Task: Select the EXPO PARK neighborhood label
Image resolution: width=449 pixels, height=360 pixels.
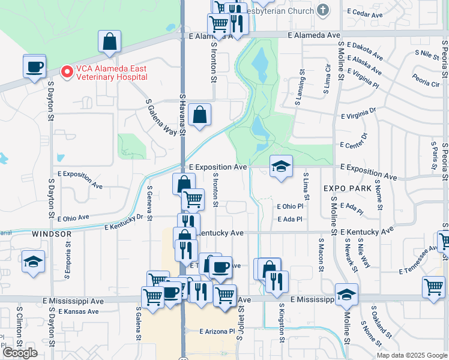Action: pos(345,188)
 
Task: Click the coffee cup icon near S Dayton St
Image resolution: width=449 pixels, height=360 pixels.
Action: pos(35,65)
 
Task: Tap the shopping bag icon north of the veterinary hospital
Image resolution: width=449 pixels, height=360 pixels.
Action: pos(110,41)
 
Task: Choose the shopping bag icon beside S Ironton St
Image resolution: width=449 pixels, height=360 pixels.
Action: pos(199,114)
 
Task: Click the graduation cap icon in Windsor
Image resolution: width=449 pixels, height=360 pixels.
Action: pos(33,262)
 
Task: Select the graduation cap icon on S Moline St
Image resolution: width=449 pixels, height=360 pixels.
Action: pos(346,294)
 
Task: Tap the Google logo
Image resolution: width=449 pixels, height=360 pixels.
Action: pos(20,352)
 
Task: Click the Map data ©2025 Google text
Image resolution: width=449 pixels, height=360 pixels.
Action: pos(412,355)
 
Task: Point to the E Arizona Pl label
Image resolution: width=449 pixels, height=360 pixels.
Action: pos(217,331)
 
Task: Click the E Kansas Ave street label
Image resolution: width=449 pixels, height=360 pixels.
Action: pos(78,312)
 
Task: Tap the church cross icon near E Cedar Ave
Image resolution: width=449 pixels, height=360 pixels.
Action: pos(323,10)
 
